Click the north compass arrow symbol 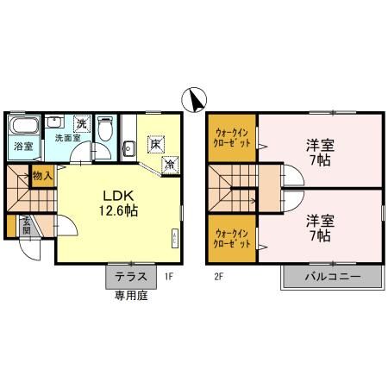[x=195, y=99]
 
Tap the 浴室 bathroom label [x=23, y=147]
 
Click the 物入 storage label [x=42, y=176]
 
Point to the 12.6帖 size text [x=119, y=210]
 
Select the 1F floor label [x=170, y=277]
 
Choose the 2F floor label [x=218, y=277]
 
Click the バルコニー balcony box [x=331, y=277]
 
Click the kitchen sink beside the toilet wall [x=128, y=148]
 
